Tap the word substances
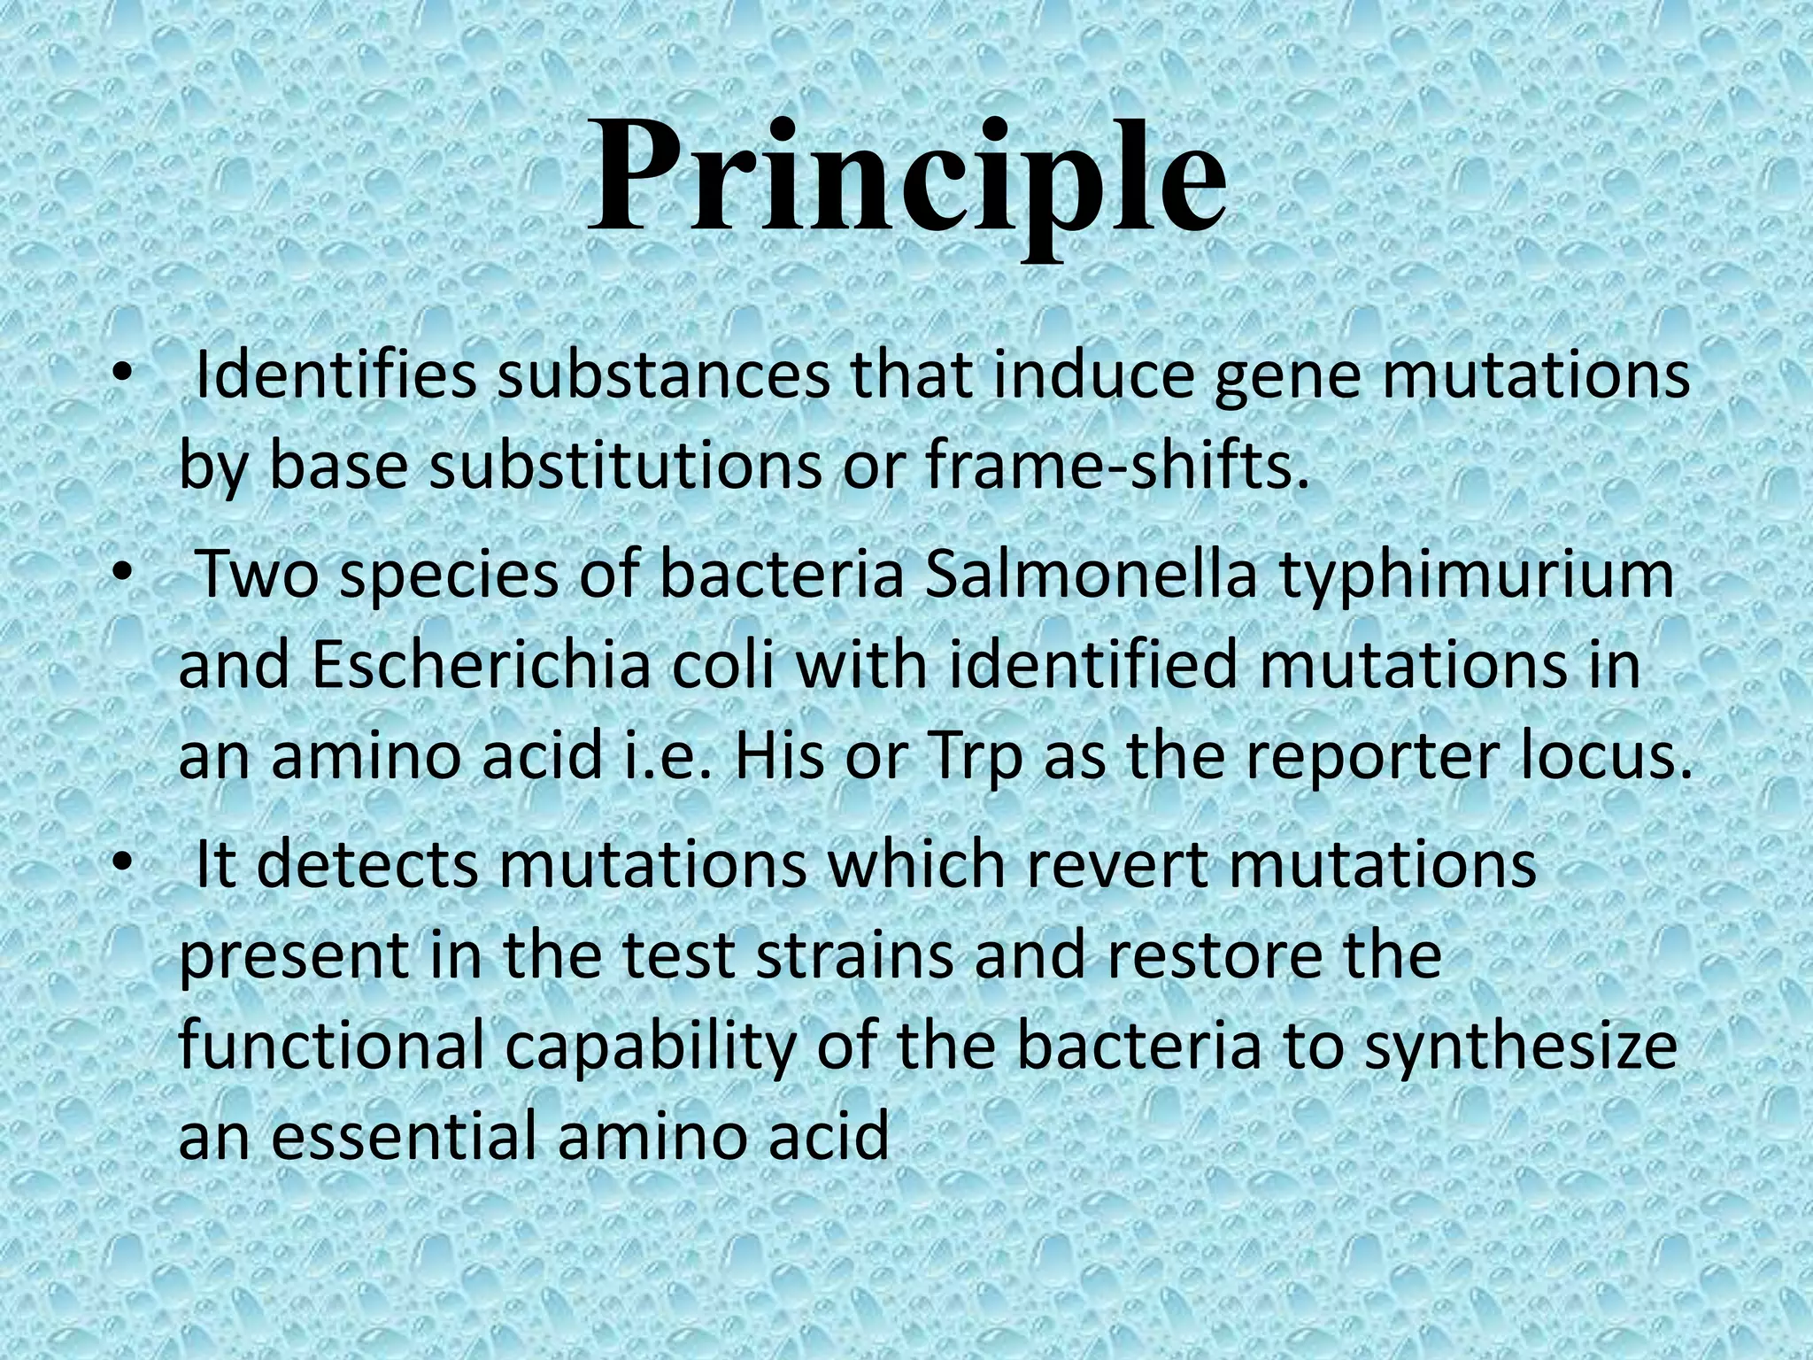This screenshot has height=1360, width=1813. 663,376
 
